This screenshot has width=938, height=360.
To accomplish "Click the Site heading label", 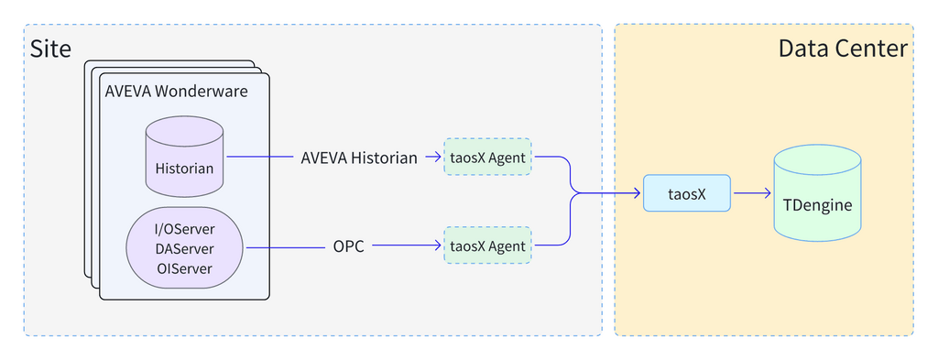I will [x=50, y=49].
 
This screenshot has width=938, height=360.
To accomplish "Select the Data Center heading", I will [x=842, y=49].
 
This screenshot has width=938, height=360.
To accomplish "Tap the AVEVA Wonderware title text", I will [x=175, y=92].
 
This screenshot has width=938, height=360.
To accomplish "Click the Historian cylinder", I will [x=184, y=157].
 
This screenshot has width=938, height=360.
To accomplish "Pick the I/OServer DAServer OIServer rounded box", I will [x=184, y=247].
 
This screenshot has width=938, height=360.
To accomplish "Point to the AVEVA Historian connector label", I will [x=359, y=158].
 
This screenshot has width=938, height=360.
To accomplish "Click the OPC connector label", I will [x=348, y=246].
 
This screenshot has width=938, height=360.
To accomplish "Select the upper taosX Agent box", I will [x=487, y=158].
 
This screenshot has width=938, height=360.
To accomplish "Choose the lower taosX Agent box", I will [x=487, y=246].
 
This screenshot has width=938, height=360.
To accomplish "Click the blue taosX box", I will [x=686, y=193].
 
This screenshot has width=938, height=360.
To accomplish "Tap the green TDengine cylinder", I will [x=817, y=194].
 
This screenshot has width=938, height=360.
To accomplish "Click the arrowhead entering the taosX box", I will [x=636, y=193].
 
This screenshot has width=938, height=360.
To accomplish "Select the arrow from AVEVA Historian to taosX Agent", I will [x=433, y=158].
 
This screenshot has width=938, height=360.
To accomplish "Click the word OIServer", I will [x=184, y=268].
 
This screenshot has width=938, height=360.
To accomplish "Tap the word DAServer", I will [x=184, y=248].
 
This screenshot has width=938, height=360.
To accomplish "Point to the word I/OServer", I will [x=184, y=228].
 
